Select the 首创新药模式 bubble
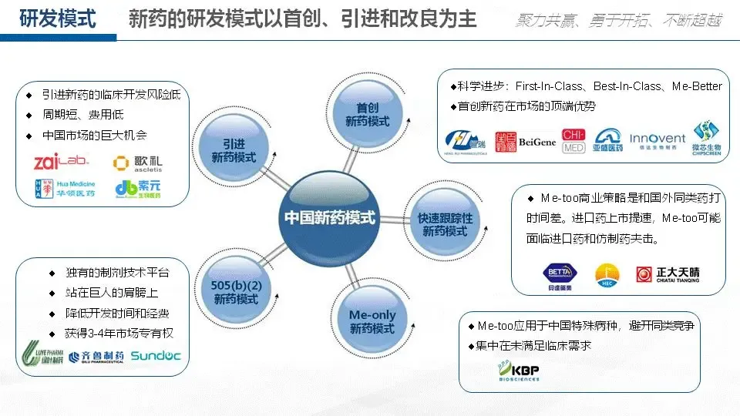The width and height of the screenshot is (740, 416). (x=367, y=115)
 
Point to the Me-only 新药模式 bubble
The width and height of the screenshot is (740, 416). (x=372, y=321)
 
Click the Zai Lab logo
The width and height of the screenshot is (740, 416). (x=61, y=163)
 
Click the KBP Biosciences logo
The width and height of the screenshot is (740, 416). (x=518, y=372)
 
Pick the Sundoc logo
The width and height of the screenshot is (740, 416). (x=156, y=355)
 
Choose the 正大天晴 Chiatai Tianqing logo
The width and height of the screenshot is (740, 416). (x=668, y=273)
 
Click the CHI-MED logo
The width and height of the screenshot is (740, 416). (x=573, y=139)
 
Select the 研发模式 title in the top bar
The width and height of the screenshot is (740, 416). (x=58, y=18)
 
